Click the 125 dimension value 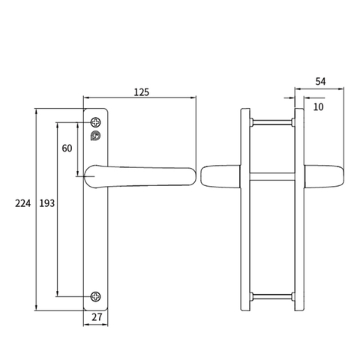141,91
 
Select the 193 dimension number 46,203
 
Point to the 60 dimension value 67,148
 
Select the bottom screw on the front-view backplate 94,295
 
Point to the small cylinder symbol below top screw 94,136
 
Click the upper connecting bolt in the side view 272,120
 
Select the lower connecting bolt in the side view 272,294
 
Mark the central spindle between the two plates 272,175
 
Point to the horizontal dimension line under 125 139,98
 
